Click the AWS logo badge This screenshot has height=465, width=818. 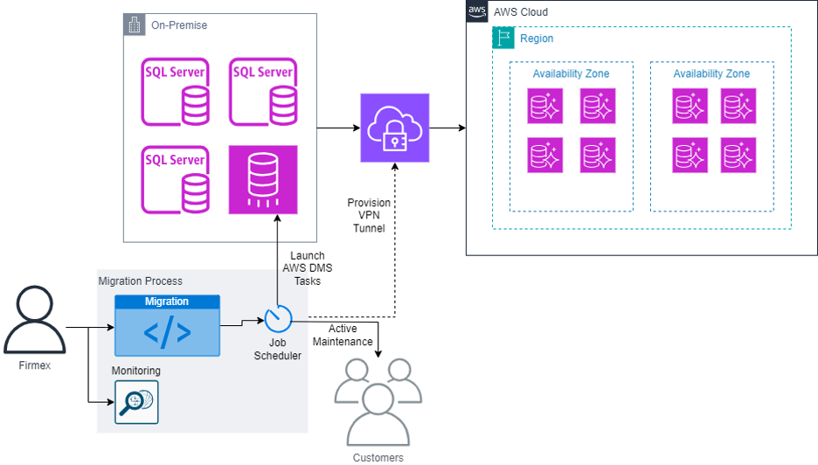pos(477,11)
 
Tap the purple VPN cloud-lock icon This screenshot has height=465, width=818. pos(395,128)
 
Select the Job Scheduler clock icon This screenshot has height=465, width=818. pos(278,319)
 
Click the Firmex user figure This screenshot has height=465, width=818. pos(35,319)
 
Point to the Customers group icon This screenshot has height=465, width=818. pos(378,401)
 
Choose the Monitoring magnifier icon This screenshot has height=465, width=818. pos(136,402)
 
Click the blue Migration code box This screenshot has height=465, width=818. pos(168,326)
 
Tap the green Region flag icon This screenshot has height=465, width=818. pos(503,38)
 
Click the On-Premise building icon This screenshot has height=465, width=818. pos(135,24)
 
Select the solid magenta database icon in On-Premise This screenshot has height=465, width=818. pos(263,180)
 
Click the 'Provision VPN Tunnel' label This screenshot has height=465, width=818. pos(369,215)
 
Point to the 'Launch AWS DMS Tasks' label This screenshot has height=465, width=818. pos(308,268)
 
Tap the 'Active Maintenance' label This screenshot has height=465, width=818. pos(343,335)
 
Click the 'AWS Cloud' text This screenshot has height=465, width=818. pos(521,12)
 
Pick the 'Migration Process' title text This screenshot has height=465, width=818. pos(141,281)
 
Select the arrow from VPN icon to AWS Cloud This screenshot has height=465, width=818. pos(447,128)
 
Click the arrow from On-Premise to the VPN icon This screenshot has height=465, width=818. pos(338,128)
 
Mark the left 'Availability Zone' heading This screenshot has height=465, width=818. pos(571,73)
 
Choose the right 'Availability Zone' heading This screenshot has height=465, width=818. pos(711,73)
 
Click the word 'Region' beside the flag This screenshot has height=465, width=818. pos(537,38)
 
